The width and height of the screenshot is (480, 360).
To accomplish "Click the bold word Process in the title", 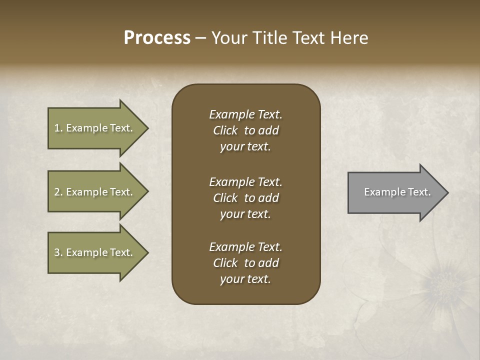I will (157, 38).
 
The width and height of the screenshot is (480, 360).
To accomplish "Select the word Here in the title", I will (349, 38).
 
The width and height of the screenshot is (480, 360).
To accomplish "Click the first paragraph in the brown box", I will (245, 130).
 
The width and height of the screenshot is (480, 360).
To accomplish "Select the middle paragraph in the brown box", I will (245, 198).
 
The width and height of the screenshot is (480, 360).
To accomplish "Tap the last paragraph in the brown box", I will (245, 263).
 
